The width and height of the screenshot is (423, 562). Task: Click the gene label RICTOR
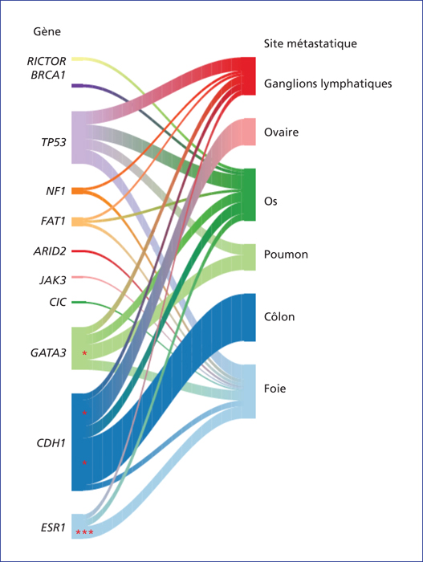[x=47, y=61]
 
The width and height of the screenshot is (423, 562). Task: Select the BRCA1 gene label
[x=48, y=75]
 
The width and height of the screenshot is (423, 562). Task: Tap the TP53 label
[x=54, y=142]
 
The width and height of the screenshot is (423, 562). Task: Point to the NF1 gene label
[x=55, y=191]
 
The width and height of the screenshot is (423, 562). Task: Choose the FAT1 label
[x=53, y=221]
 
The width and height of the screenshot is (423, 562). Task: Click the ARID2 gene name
[x=50, y=251]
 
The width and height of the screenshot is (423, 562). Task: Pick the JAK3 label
[x=53, y=279]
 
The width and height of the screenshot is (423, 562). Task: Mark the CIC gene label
[x=58, y=302]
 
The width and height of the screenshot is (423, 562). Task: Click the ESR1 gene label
[x=53, y=527]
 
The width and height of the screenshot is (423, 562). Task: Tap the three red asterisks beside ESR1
[x=84, y=532]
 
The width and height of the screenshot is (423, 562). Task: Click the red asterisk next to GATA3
[x=84, y=354]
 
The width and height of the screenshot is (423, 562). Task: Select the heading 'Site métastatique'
[x=311, y=43]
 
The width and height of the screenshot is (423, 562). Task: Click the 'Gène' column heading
[x=47, y=31]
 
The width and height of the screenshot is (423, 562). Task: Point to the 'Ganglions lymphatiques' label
[x=328, y=83]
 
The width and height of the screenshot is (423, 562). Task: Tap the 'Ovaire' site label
[x=282, y=132]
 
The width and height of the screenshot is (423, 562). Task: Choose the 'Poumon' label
[x=286, y=255]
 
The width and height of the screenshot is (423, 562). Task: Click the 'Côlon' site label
[x=279, y=317]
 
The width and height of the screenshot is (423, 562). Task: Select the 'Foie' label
[x=275, y=389]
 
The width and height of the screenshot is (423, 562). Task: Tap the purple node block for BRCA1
[x=77, y=86]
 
